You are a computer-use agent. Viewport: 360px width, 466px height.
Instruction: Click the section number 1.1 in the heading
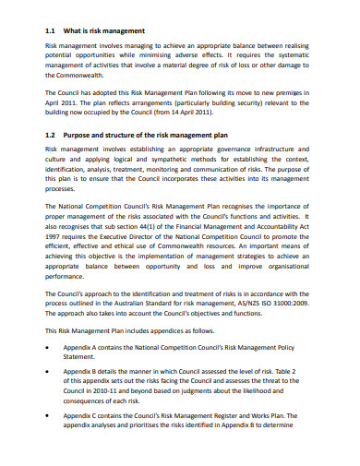(x=52, y=29)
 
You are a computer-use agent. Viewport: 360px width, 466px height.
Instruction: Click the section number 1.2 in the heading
(x=52, y=133)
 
